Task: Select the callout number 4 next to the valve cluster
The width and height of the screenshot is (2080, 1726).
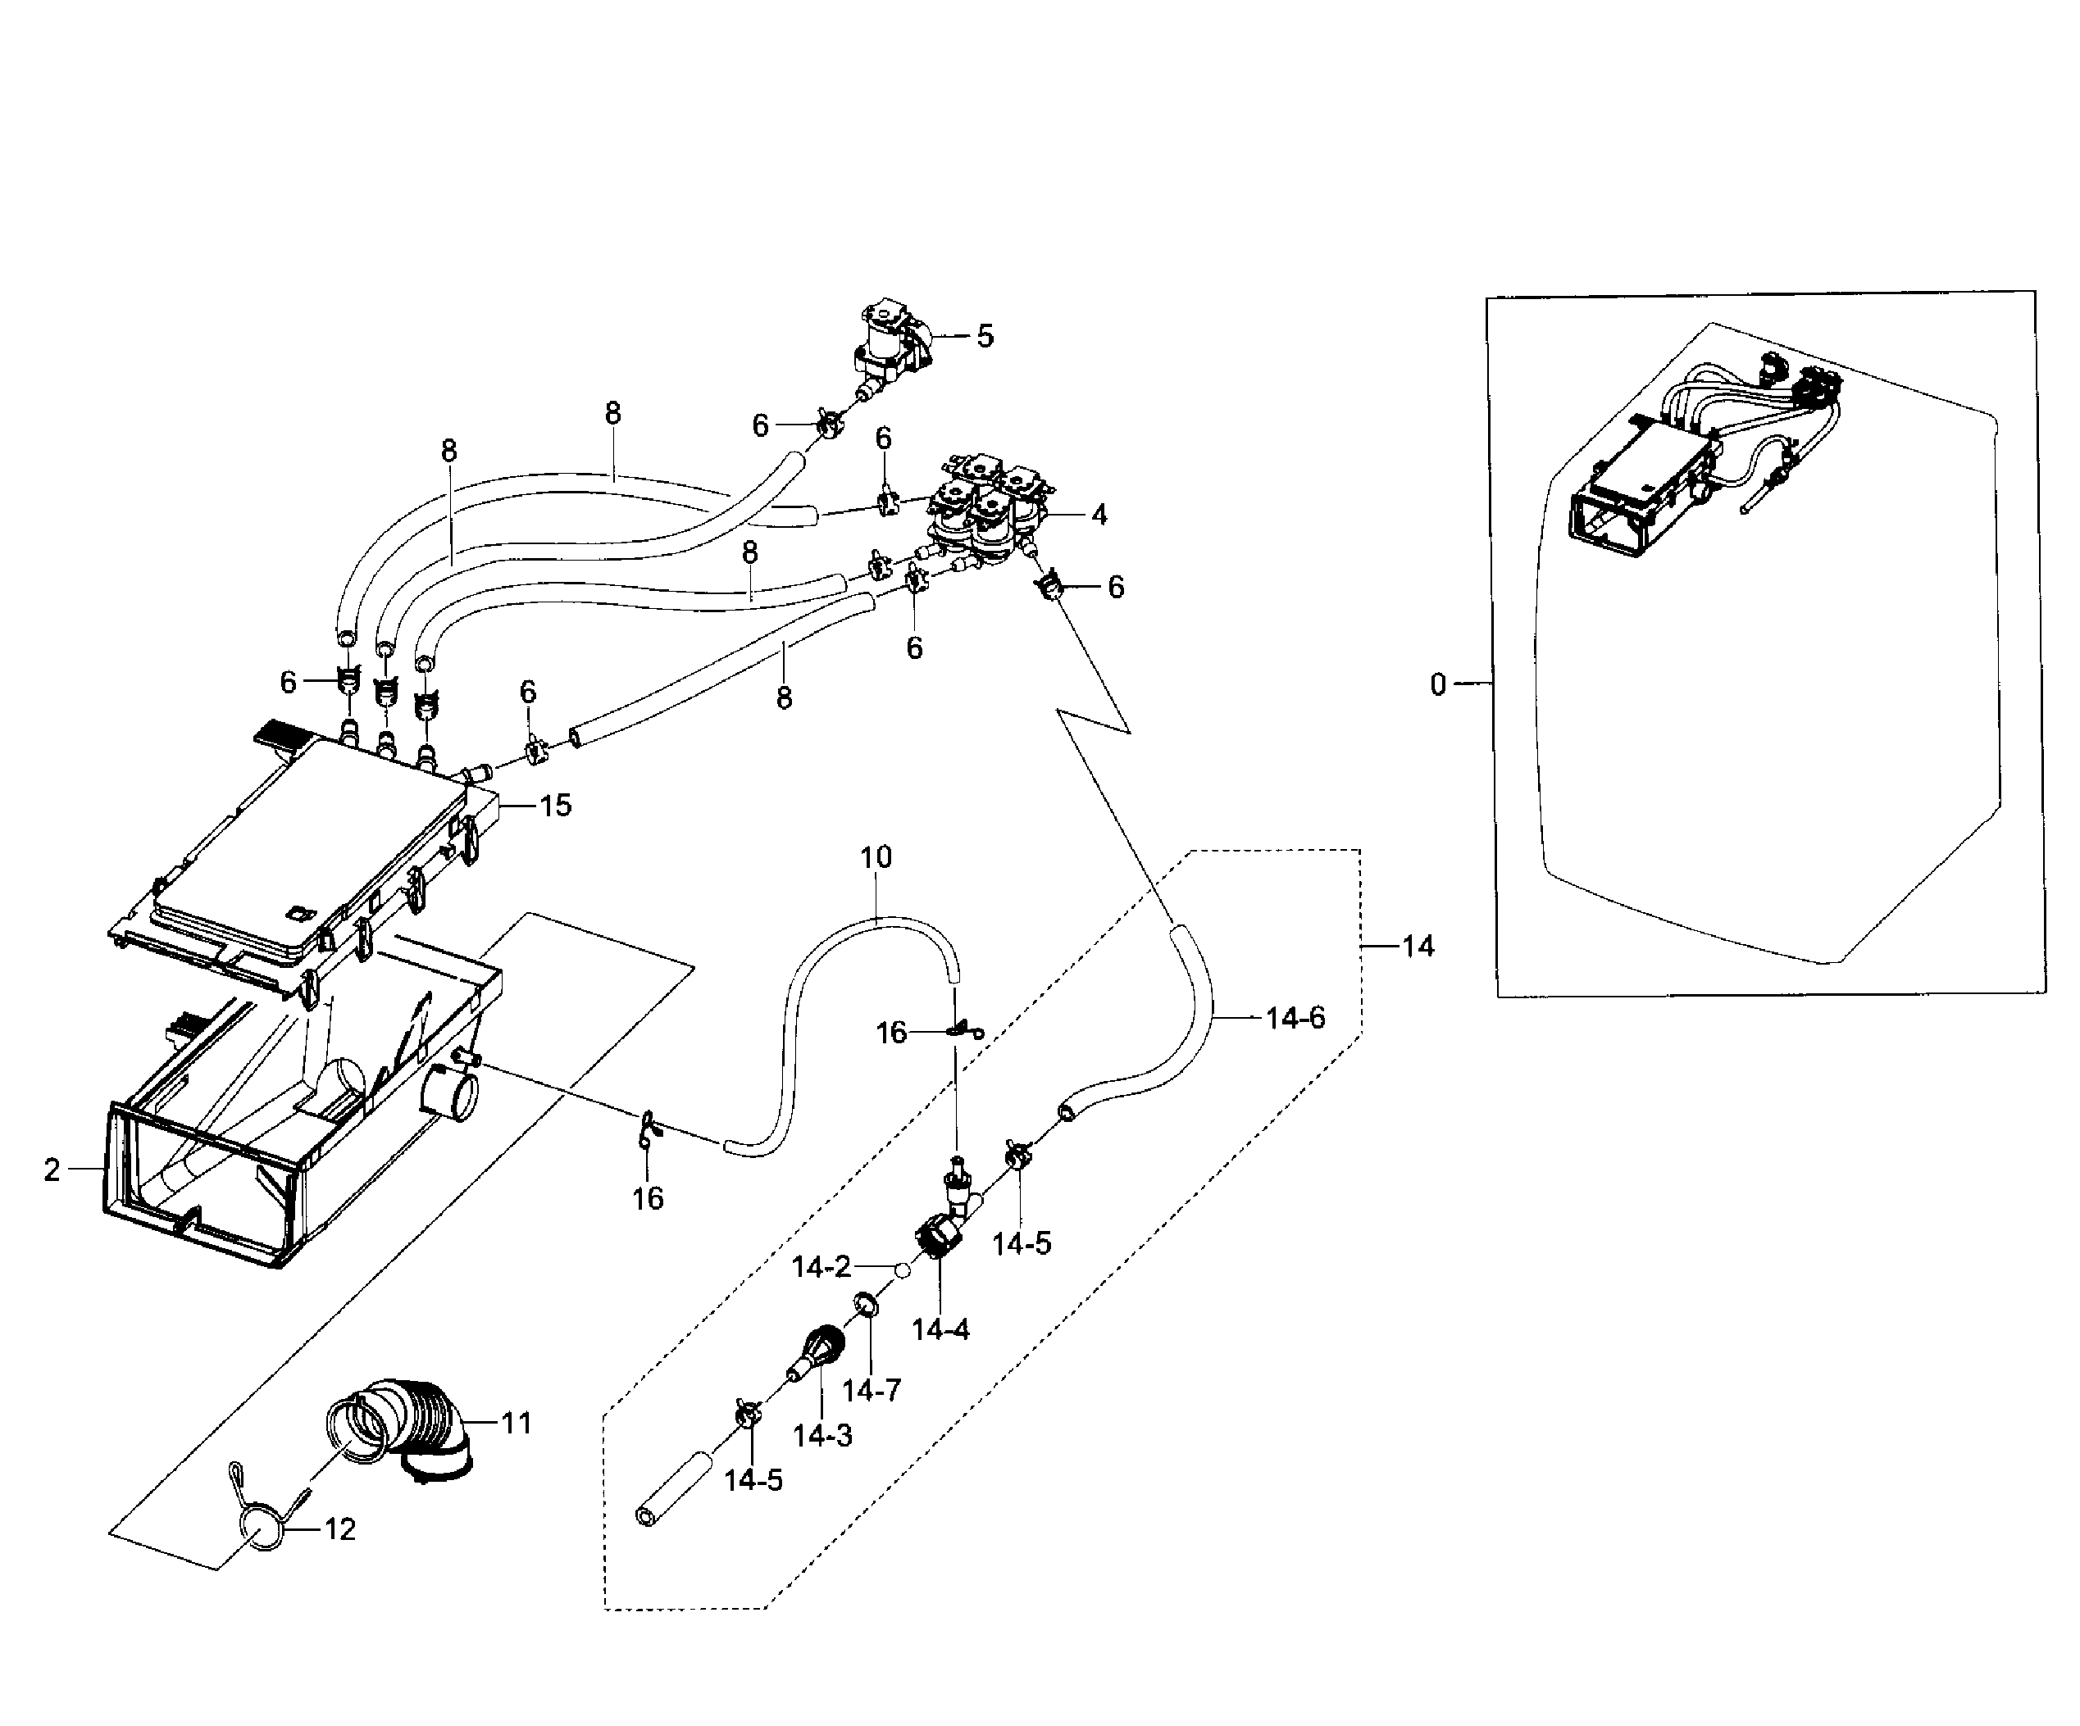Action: click(x=1099, y=515)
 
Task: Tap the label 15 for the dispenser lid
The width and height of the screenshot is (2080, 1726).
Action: click(x=556, y=806)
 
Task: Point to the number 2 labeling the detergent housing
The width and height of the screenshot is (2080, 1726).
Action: click(x=52, y=1170)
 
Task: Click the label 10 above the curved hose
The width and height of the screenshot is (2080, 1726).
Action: click(x=876, y=857)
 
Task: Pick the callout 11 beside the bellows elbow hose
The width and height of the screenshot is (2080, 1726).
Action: click(x=516, y=1424)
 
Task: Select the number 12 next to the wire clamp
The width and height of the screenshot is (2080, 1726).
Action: click(x=339, y=1530)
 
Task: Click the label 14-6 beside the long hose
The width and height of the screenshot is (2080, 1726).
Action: click(x=1295, y=1018)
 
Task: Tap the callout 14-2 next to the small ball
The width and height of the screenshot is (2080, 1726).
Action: click(x=822, y=1266)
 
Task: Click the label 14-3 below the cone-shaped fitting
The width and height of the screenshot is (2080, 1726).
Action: click(x=822, y=1436)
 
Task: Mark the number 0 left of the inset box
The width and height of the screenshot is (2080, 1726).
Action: click(x=1438, y=684)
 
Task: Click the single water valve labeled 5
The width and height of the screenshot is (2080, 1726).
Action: click(x=889, y=352)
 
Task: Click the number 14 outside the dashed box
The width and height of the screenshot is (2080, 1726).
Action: click(x=1418, y=947)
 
